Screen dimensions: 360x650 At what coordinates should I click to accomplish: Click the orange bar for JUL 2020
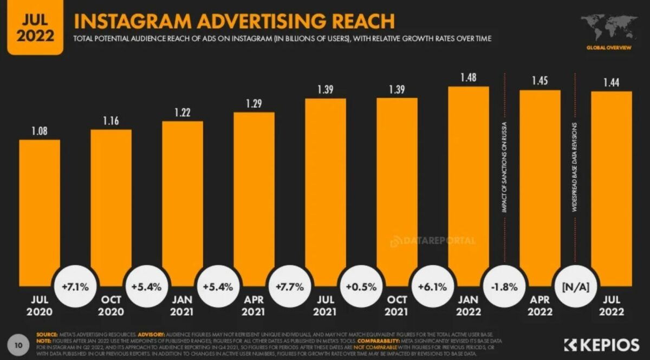pyautogui.click(x=40, y=211)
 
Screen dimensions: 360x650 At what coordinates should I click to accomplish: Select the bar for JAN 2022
pyautogui.click(x=469, y=184)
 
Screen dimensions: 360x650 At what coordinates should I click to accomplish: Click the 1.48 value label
pyautogui.click(x=469, y=78)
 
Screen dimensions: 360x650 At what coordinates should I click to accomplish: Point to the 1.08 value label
pyautogui.click(x=40, y=131)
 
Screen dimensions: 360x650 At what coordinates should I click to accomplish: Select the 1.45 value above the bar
pyautogui.click(x=540, y=81)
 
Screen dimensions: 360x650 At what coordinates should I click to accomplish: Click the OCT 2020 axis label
pyautogui.click(x=110, y=306)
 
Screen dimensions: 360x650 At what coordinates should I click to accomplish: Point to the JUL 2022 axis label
pyautogui.click(x=611, y=306)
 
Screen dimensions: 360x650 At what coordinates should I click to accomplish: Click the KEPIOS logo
pyautogui.click(x=603, y=344)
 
